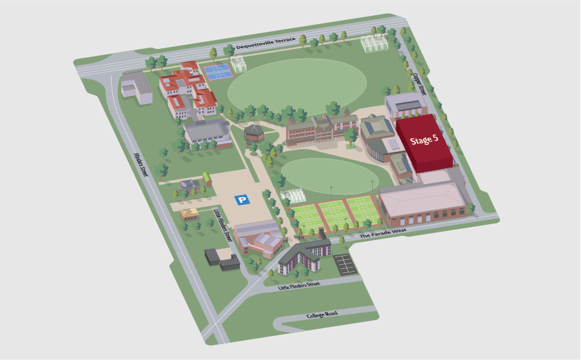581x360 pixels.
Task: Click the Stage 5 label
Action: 424,140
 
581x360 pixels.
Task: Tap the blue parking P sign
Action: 242,200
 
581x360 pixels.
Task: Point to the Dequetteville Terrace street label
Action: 266,43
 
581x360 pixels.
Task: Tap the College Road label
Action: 323,315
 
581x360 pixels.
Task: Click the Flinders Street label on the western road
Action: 141,165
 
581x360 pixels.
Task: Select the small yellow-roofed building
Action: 190,213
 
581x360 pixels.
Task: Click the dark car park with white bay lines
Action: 343,262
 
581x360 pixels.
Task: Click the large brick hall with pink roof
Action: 422,202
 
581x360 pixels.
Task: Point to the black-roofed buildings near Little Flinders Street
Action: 222,259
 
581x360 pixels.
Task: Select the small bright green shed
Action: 206,179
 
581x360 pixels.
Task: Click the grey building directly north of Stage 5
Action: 406,106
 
